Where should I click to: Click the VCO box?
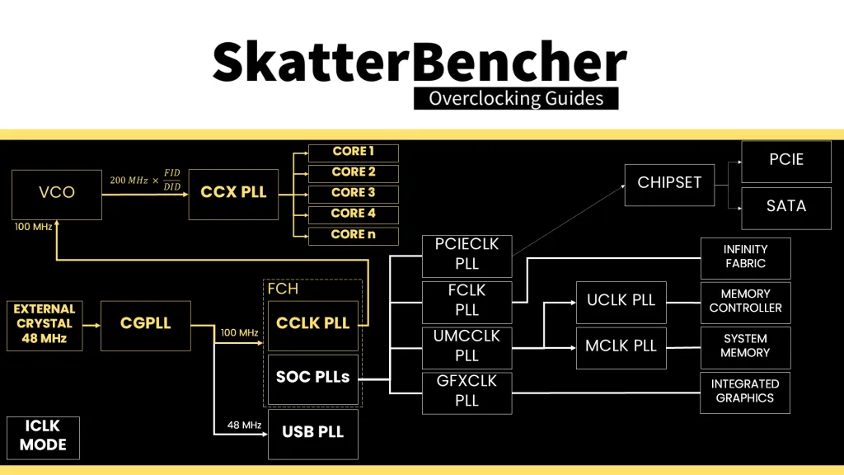pos(57,194)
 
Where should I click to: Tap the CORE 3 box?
pos(353,194)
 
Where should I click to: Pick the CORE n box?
pos(353,235)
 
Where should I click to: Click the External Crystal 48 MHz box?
pos(45,325)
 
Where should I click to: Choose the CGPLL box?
pos(146,325)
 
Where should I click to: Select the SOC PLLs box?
pos(313,379)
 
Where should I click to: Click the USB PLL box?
pos(313,433)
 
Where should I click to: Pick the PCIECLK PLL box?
pos(467,256)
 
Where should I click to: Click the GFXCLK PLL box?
pos(467,393)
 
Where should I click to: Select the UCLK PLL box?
pos(621,301)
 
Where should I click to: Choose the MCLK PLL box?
pos(621,346)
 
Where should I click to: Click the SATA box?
pos(785,207)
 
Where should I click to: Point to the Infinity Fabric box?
pos(745,257)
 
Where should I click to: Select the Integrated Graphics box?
pos(745,392)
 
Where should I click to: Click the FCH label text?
pos(282,289)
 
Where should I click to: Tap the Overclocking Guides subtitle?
pos(516,99)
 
